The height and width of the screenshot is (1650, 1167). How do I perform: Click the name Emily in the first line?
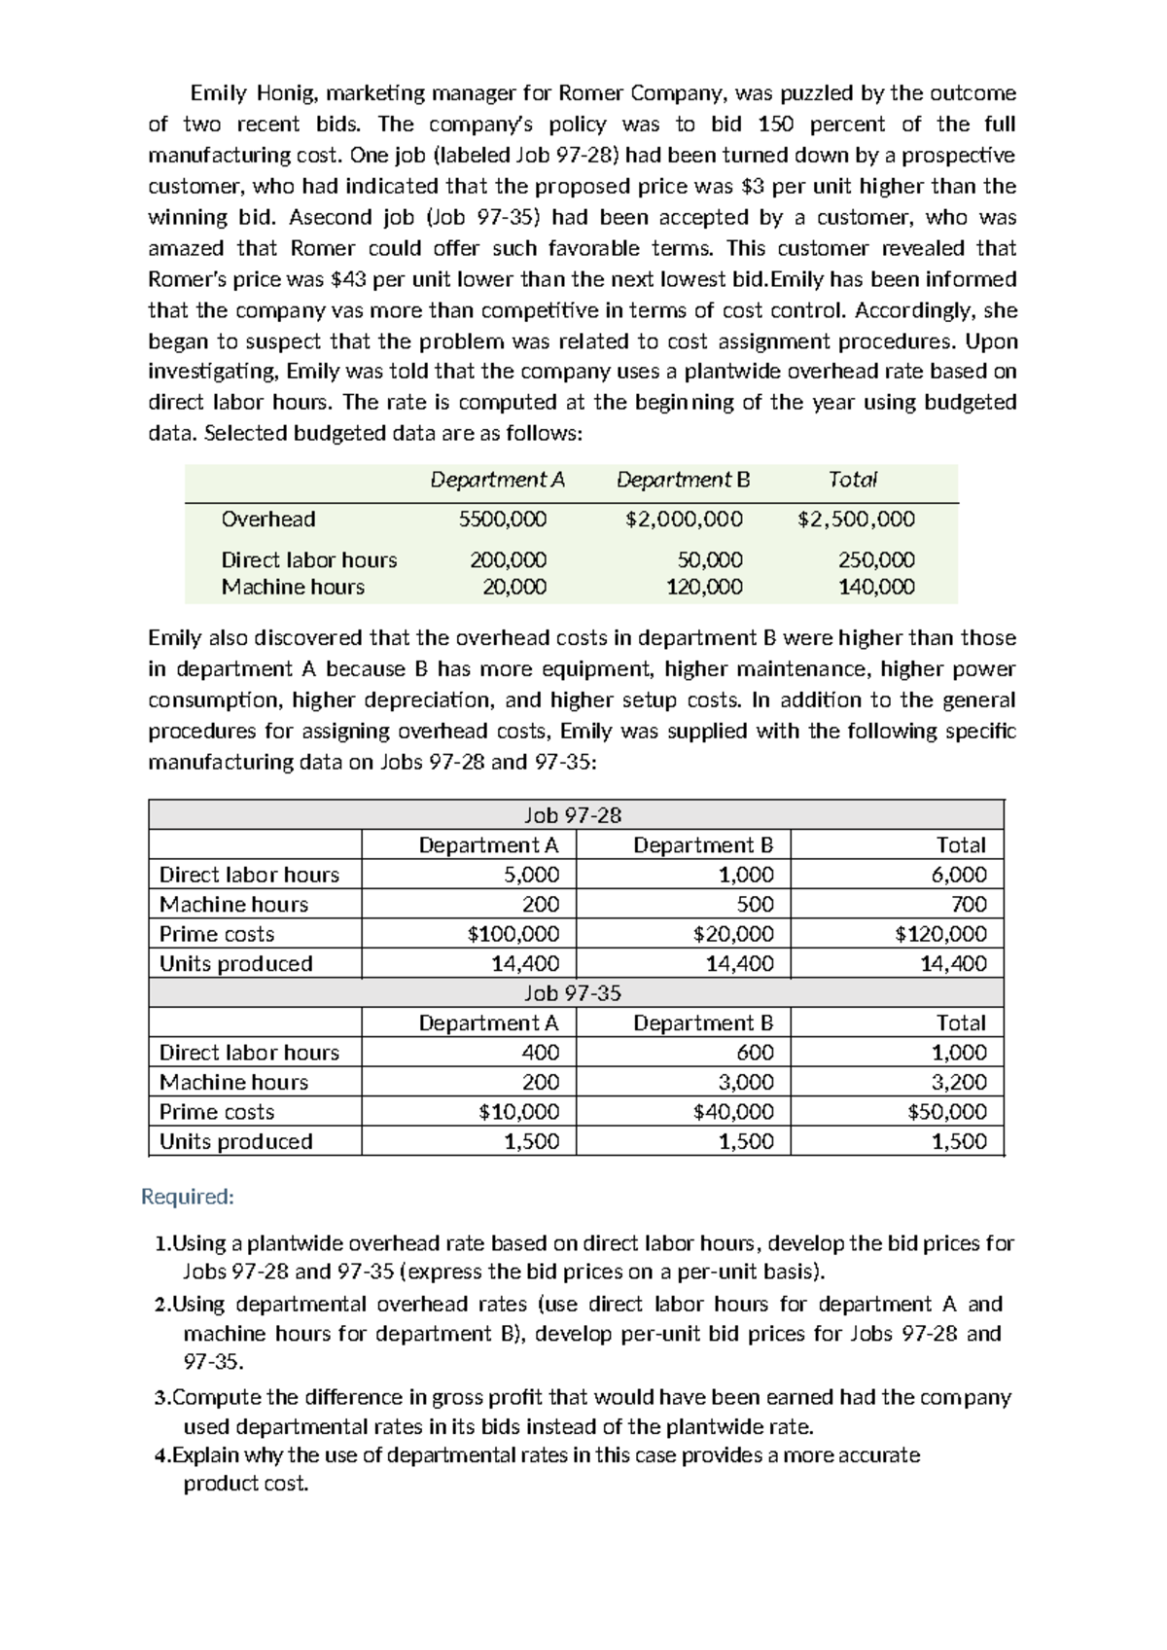pyautogui.click(x=217, y=93)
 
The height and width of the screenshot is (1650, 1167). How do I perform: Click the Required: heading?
pyautogui.click(x=188, y=1196)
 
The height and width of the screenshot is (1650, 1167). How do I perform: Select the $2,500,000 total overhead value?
pyautogui.click(x=856, y=520)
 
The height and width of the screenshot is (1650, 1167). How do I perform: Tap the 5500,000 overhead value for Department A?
pyautogui.click(x=503, y=520)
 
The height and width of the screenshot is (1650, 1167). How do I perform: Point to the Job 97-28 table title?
pyautogui.click(x=572, y=815)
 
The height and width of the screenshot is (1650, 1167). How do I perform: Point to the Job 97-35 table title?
pyautogui.click(x=572, y=993)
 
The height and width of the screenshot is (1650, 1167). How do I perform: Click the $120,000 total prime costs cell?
pyautogui.click(x=940, y=934)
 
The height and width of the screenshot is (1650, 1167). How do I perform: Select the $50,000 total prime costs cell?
pyautogui.click(x=946, y=1112)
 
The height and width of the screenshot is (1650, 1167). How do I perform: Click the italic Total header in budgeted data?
pyautogui.click(x=853, y=480)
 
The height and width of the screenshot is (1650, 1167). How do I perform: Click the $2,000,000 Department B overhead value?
pyautogui.click(x=684, y=520)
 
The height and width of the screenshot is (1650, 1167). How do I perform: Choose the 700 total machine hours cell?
pyautogui.click(x=969, y=904)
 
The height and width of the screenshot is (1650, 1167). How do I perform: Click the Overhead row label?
pyautogui.click(x=268, y=520)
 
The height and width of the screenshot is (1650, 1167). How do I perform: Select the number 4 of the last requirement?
pyautogui.click(x=160, y=1455)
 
